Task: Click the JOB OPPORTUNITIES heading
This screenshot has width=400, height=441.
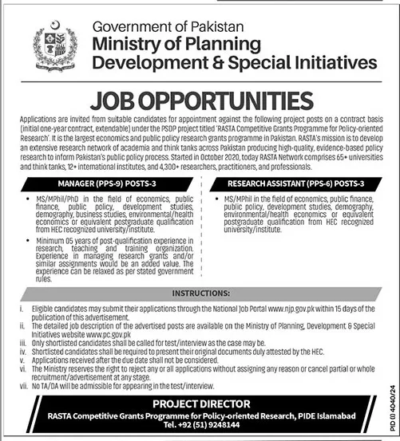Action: (x=200, y=100)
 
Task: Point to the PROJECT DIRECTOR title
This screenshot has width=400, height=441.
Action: (x=200, y=404)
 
